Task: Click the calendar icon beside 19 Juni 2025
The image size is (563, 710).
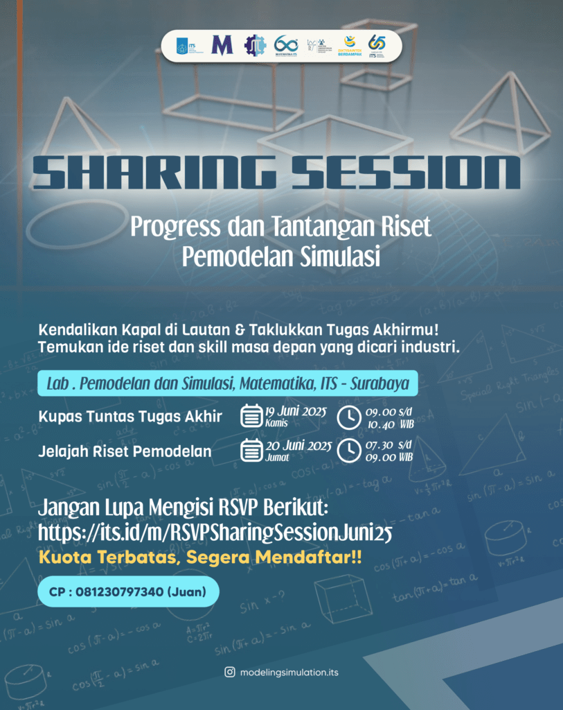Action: pyautogui.click(x=250, y=416)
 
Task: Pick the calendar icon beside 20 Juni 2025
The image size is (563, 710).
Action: pyautogui.click(x=250, y=451)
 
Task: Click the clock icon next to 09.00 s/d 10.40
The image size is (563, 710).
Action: pyautogui.click(x=348, y=416)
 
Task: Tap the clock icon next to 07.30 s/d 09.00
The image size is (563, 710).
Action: pyautogui.click(x=348, y=451)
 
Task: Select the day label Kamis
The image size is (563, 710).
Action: pyautogui.click(x=276, y=422)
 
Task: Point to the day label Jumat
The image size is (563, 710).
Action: pyautogui.click(x=277, y=458)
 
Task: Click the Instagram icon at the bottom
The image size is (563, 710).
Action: pyautogui.click(x=229, y=672)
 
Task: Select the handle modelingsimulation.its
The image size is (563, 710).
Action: pyautogui.click(x=289, y=673)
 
